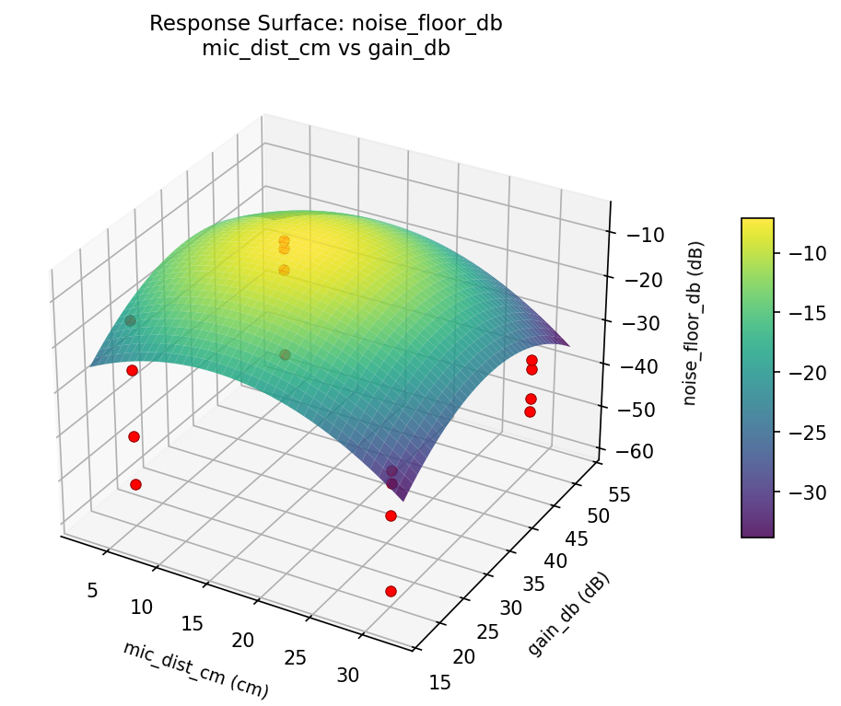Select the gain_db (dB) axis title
[x=568, y=614]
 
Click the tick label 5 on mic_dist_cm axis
[x=93, y=590]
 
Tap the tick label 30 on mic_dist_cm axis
[x=348, y=675]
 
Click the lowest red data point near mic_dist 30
[x=391, y=591]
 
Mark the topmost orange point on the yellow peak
[x=284, y=241]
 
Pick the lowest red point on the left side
[x=135, y=484]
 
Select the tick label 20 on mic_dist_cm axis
[x=243, y=640]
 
